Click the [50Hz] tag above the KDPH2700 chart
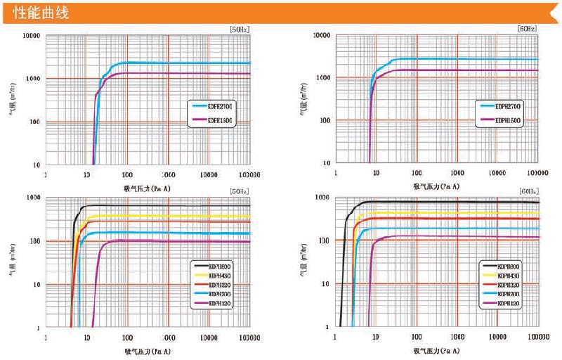(x=240, y=29)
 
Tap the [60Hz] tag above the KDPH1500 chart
(x=527, y=29)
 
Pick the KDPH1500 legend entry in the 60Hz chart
(x=507, y=120)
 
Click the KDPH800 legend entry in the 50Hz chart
(x=216, y=264)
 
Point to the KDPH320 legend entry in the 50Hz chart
(x=216, y=285)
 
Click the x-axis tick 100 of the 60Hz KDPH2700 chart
(x=417, y=173)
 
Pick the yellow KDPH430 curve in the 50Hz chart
(x=176, y=217)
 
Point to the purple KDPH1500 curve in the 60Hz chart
(x=457, y=70)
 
